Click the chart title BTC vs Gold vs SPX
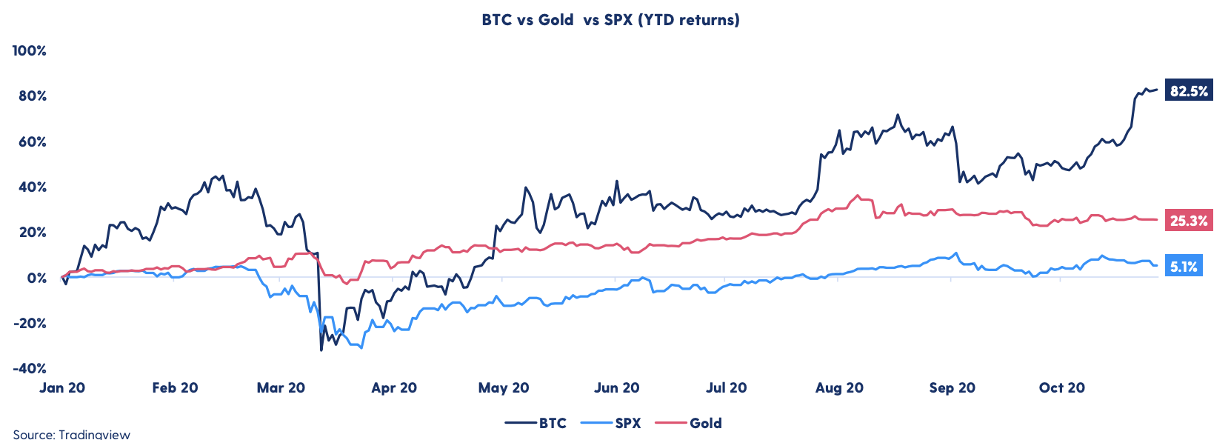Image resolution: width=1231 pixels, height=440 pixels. (x=610, y=20)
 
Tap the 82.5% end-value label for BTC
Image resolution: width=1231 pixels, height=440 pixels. (x=1189, y=90)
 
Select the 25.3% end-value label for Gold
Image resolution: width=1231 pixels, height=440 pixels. (x=1189, y=220)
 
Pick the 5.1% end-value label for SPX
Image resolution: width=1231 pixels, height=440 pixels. (x=1184, y=266)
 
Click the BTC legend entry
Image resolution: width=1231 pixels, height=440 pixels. (x=552, y=423)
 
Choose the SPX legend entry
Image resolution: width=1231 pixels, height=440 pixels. (x=627, y=423)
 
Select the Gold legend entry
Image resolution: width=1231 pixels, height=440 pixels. (x=705, y=423)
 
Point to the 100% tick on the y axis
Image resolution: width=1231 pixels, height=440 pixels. (x=30, y=50)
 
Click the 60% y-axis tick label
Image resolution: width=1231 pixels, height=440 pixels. (x=33, y=141)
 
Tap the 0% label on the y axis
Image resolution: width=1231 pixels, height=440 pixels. (x=36, y=278)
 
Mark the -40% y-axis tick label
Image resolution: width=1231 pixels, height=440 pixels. (x=30, y=368)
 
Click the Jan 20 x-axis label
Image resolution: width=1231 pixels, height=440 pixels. (x=62, y=387)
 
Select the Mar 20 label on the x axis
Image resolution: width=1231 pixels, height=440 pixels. (x=281, y=387)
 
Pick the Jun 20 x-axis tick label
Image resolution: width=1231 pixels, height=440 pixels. (x=616, y=387)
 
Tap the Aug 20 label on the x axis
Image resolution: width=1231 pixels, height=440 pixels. (x=839, y=387)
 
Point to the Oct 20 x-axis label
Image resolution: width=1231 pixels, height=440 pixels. (x=1061, y=387)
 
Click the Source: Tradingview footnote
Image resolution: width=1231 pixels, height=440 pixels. (x=71, y=434)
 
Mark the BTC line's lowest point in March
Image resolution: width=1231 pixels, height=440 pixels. (x=321, y=350)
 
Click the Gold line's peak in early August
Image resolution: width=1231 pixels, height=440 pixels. (x=858, y=196)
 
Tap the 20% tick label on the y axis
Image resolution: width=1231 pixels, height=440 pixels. (x=33, y=232)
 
